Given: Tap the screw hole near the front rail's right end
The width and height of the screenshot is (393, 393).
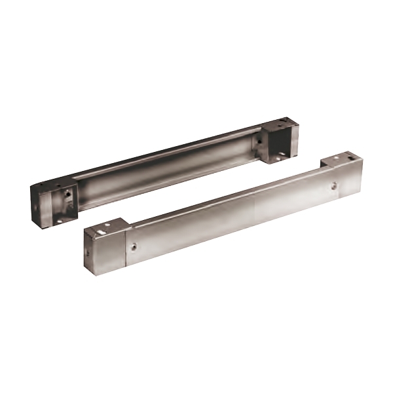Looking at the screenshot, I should pos(334,187).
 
